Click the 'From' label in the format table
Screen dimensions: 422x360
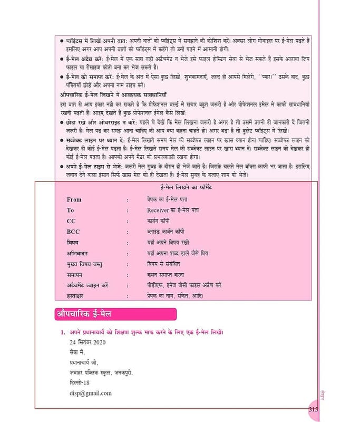(x=74, y=199)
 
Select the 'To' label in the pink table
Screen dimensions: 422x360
(x=71, y=210)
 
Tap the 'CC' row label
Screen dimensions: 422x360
(x=71, y=221)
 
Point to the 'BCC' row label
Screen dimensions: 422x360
(x=73, y=232)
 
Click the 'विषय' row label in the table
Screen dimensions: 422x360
(x=73, y=242)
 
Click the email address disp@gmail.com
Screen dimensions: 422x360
(x=90, y=393)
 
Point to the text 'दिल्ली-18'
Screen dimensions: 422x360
(x=80, y=383)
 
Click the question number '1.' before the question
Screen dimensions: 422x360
(x=63, y=332)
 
